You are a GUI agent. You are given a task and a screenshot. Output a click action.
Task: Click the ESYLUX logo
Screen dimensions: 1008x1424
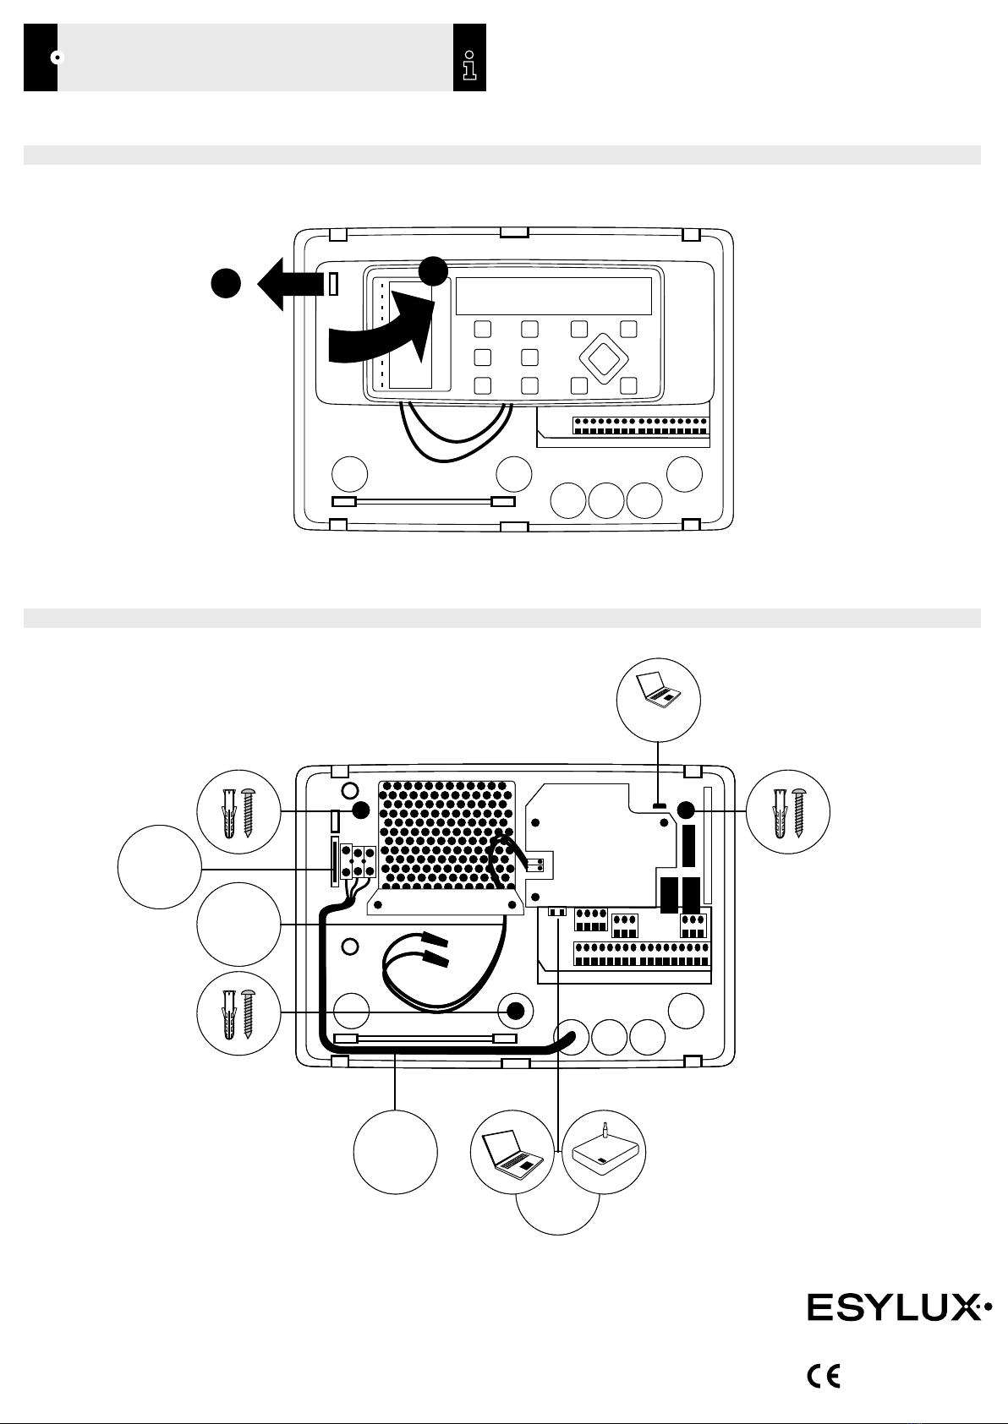pos(899,1307)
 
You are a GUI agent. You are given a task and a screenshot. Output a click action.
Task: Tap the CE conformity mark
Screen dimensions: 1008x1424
pos(824,1377)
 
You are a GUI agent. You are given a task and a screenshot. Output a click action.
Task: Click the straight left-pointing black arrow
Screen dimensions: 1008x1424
pos(291,283)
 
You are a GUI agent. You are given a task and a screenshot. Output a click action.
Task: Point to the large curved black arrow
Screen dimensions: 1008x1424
pos(381,330)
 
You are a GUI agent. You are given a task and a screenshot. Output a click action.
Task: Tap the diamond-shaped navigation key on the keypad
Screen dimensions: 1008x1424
pos(604,358)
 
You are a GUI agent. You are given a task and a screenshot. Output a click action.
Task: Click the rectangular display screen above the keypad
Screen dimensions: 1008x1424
pos(554,296)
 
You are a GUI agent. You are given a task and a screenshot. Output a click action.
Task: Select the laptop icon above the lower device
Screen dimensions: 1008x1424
pos(659,690)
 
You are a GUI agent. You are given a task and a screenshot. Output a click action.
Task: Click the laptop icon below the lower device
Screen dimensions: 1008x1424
pos(512,1151)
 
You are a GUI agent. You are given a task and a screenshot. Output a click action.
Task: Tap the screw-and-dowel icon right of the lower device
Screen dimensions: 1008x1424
pos(788,812)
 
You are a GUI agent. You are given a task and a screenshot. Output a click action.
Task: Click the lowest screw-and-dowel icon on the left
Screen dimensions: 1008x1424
pos(238,1013)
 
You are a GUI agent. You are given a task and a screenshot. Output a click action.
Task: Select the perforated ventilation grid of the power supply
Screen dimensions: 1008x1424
pos(446,835)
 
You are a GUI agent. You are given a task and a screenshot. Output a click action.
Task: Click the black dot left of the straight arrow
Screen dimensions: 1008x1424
pos(226,283)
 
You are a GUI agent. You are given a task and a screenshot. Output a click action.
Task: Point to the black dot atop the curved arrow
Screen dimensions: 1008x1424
pos(433,270)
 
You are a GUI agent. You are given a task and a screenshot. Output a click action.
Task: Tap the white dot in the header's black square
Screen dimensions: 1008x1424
pos(58,57)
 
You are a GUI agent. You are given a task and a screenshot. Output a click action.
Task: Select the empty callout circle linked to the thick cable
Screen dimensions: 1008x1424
pos(396,1153)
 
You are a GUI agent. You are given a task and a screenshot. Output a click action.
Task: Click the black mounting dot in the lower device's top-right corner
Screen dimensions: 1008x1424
pos(686,810)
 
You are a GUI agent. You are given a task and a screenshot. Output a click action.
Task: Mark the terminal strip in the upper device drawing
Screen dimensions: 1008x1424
pos(641,426)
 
